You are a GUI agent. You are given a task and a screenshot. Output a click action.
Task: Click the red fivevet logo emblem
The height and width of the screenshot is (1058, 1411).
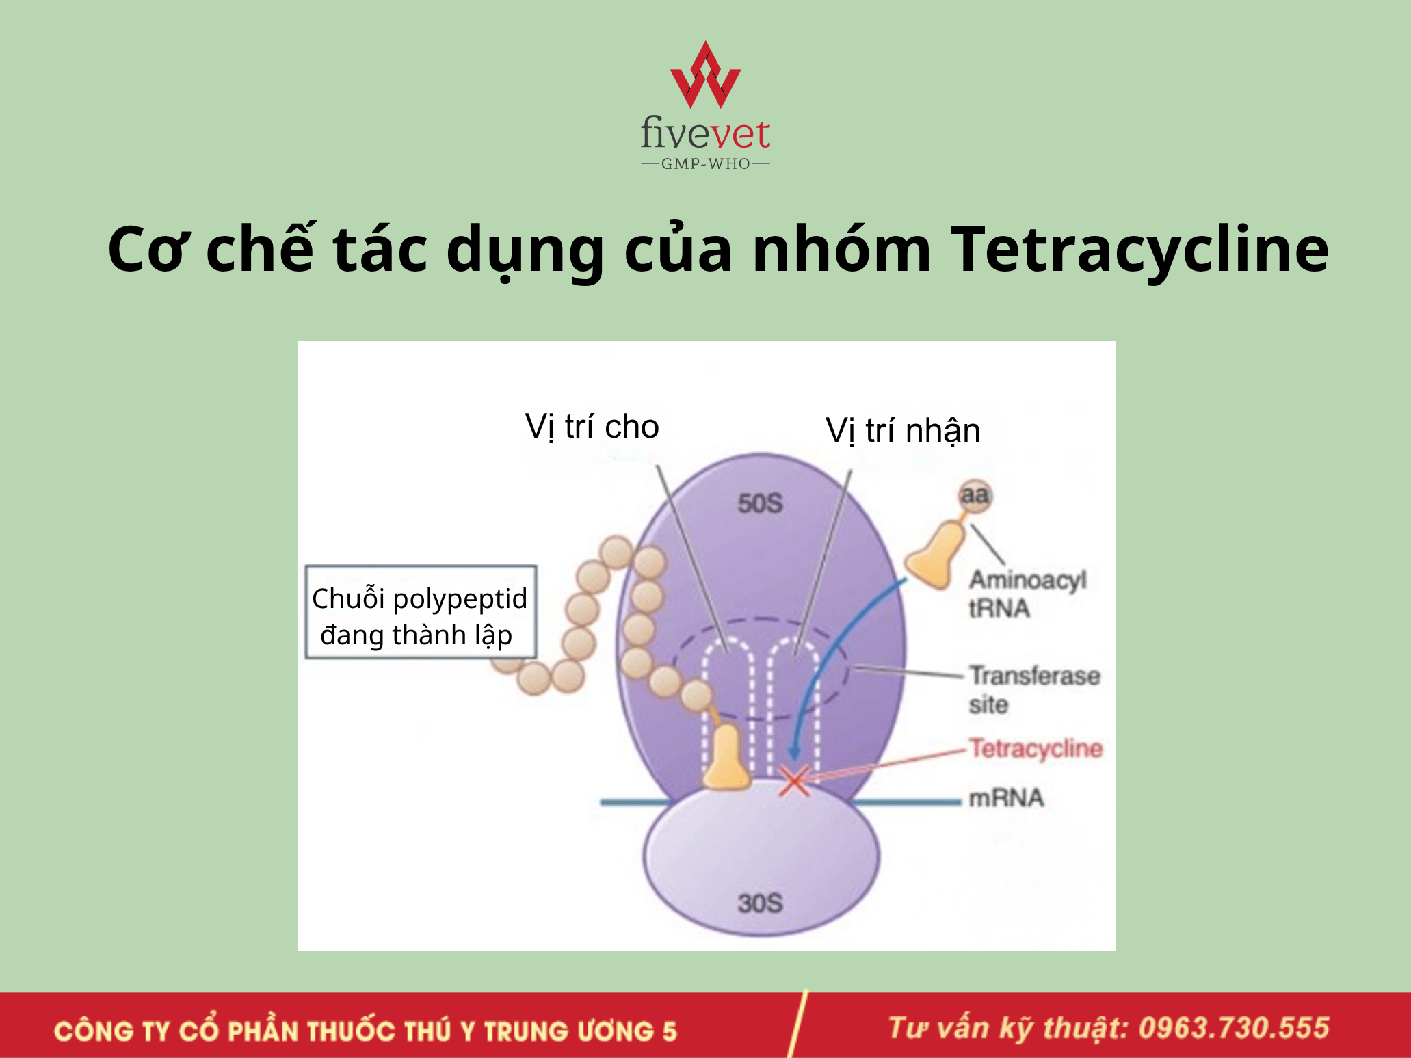point(705,75)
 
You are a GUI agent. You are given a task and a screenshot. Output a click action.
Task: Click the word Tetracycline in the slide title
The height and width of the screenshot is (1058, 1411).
point(1139,249)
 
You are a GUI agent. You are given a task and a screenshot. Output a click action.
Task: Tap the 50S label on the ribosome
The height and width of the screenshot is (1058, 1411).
point(760,503)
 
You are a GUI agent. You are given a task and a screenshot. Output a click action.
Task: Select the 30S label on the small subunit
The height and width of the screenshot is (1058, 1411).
point(760,903)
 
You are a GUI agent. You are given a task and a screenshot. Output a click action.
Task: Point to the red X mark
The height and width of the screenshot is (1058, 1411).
point(795,782)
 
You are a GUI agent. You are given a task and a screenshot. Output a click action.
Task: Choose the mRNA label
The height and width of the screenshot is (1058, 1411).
point(1006,798)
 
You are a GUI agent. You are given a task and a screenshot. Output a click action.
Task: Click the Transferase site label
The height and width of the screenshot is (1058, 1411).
point(1034,689)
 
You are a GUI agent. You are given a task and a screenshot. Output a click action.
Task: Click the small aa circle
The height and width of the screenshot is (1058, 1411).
point(975,495)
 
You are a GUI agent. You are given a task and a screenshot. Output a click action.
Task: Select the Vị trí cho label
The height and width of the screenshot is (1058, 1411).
point(592,427)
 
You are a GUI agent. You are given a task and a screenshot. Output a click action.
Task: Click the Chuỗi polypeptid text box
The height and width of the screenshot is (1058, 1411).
point(421,612)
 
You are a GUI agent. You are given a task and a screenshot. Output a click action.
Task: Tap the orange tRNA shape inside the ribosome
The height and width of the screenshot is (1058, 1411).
point(726,757)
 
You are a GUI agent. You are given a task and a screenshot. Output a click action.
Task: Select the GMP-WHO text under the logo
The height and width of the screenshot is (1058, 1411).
point(705,164)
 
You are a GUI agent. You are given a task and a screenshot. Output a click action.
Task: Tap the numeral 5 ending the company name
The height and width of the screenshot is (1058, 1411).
point(669,1031)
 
